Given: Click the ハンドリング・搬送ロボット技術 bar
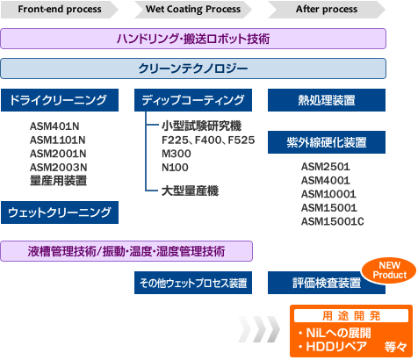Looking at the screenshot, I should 193,40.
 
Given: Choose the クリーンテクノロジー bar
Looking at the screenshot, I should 193,68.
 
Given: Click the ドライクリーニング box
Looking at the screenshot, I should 59,99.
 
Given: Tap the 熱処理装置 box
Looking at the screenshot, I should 326,99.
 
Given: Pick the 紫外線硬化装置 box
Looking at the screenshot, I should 326,141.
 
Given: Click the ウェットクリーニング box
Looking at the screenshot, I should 59,212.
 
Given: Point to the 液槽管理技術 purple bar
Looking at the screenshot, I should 126,251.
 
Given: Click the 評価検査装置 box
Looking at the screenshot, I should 326,283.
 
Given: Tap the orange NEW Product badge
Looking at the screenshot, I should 384,270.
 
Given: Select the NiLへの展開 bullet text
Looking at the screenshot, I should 334,333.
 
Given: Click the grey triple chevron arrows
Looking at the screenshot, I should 256,331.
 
